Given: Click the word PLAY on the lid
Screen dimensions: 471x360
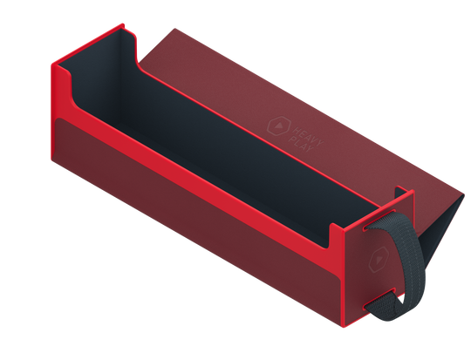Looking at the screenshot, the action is coord(301,144).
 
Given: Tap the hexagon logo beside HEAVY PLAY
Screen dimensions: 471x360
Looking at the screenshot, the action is coord(279,126).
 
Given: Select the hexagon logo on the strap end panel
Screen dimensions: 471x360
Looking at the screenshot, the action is coord(379,260).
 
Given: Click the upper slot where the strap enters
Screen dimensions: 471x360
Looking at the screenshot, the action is coord(379,220).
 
